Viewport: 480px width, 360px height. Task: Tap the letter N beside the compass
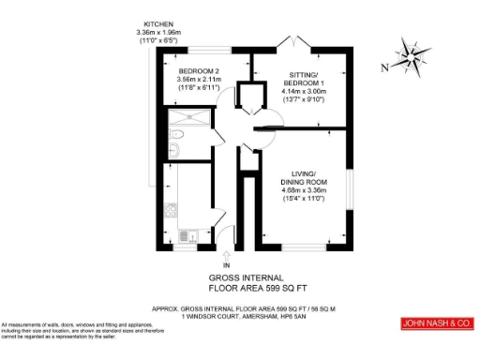point(385,67)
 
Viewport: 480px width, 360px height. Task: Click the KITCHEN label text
point(158,23)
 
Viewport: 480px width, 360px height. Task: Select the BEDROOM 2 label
point(199,71)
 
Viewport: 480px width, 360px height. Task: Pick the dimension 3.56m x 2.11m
point(199,80)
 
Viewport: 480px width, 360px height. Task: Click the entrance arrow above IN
point(226,252)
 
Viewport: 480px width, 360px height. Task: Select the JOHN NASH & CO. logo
point(436,323)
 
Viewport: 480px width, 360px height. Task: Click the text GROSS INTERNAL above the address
point(239,278)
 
